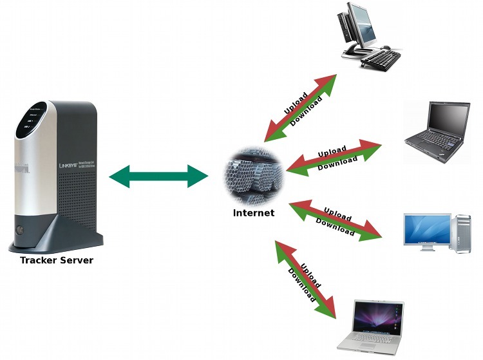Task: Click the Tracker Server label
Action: pyautogui.click(x=57, y=261)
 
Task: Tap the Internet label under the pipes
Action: pyautogui.click(x=254, y=213)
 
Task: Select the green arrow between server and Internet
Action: pyautogui.click(x=158, y=176)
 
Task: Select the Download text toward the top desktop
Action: pyautogui.click(x=306, y=111)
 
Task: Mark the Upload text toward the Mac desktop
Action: pyautogui.click(x=337, y=214)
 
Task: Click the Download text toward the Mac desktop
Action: pyautogui.click(x=334, y=226)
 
